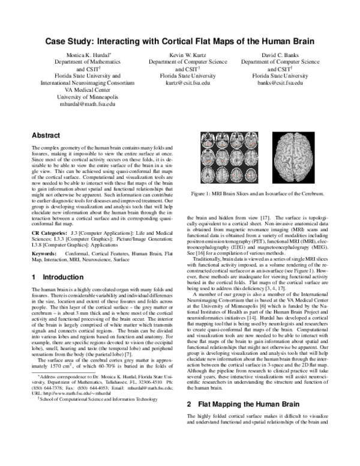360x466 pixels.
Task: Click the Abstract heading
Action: [x=46, y=135]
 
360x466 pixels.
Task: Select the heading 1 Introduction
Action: [x=56, y=277]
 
